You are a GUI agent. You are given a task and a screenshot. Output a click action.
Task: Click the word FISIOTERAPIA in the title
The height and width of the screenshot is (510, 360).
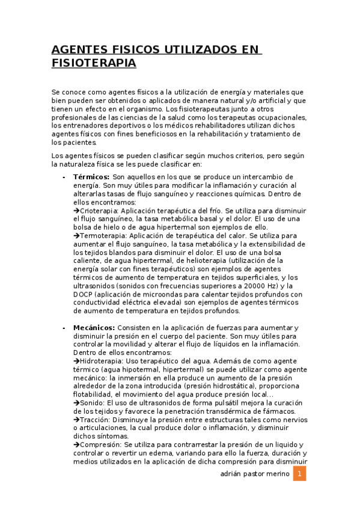tap(94, 63)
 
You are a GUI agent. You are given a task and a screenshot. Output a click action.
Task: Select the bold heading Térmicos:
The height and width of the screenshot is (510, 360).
tap(91, 177)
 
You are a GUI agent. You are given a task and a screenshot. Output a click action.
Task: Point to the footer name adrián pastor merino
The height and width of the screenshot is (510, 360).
tap(255, 475)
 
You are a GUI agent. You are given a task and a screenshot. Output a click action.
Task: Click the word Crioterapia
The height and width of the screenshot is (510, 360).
tap(100, 211)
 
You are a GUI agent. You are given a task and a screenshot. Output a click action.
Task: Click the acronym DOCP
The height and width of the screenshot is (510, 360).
tap(84, 295)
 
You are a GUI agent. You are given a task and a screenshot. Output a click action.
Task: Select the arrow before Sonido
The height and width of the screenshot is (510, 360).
tap(76, 403)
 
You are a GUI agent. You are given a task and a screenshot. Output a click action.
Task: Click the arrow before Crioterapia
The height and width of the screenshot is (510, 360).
tap(76, 211)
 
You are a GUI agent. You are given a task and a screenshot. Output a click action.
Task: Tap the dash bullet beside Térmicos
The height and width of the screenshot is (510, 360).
tap(64, 178)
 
